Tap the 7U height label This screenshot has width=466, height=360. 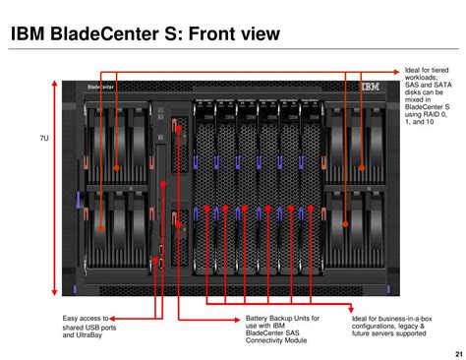coord(44,139)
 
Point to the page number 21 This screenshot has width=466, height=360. coord(457,354)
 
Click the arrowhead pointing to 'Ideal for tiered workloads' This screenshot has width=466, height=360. coord(396,72)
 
